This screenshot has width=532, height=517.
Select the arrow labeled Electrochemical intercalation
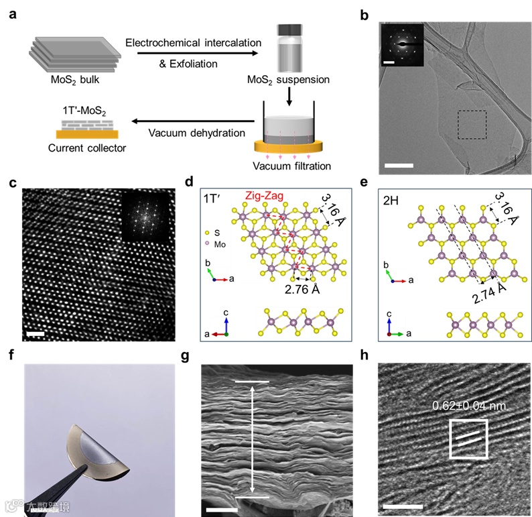tap(192, 53)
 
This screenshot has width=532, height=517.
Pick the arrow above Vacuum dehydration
tap(192, 121)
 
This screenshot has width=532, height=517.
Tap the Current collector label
tap(83, 147)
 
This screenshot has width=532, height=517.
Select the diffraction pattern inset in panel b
tap(401, 46)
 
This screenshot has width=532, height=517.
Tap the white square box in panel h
tap(469, 440)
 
